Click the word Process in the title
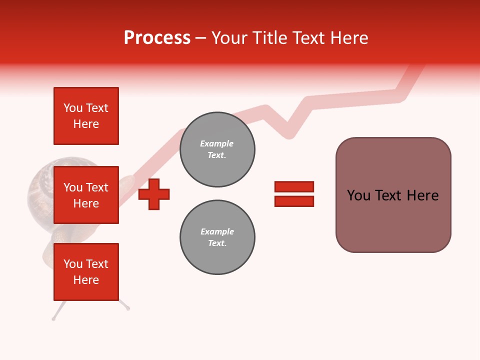(157, 38)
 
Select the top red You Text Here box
(86, 116)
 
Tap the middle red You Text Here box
(86, 195)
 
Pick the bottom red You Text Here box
(86, 272)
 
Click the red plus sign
(154, 194)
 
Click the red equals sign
(294, 194)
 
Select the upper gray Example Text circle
(217, 149)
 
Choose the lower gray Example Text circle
(217, 237)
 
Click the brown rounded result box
(393, 195)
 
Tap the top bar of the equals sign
(294, 186)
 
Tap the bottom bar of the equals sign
(294, 201)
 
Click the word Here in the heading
(350, 38)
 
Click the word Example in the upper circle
(216, 143)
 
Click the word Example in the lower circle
(216, 231)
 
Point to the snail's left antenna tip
(53, 317)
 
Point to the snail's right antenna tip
(128, 308)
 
